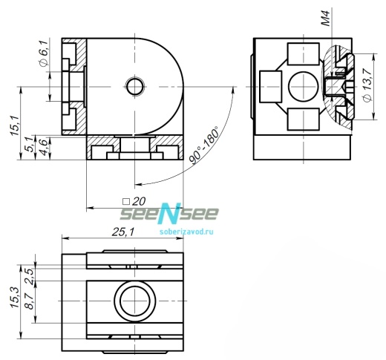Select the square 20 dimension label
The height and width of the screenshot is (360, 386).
pyautogui.click(x=134, y=201)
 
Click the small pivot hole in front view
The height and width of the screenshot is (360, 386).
pyautogui.click(x=135, y=87)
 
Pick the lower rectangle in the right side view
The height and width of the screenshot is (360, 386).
pyautogui.click(x=301, y=119)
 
